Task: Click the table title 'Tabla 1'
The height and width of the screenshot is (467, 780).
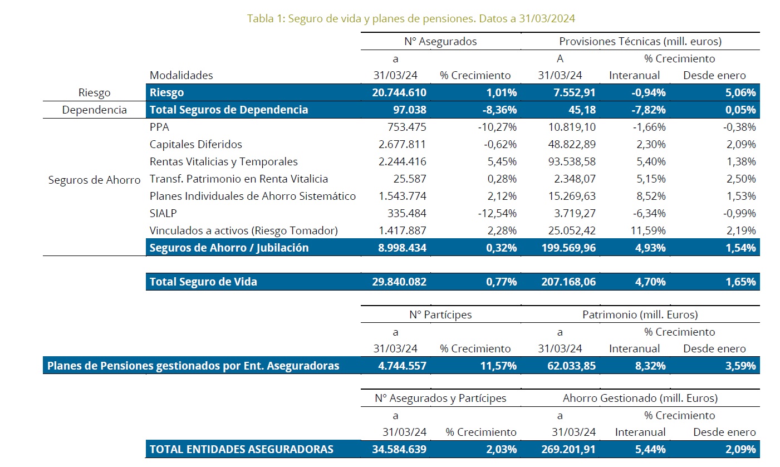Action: (411, 18)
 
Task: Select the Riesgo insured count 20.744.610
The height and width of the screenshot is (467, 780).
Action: (399, 92)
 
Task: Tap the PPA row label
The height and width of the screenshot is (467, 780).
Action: (160, 127)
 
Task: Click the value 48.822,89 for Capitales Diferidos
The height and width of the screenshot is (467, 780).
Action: (568, 144)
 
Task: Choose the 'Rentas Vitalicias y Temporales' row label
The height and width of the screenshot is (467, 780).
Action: (223, 161)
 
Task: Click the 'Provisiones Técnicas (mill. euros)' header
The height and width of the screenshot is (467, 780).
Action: (640, 41)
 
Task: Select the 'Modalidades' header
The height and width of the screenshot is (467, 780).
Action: (181, 75)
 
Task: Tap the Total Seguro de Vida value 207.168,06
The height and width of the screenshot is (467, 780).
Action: (568, 282)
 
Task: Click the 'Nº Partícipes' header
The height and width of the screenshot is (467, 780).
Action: (440, 314)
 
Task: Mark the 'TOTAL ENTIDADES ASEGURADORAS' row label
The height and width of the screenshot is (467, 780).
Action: (241, 449)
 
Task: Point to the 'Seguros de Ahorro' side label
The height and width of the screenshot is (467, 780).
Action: (94, 180)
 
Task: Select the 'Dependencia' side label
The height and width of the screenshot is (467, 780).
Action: (94, 110)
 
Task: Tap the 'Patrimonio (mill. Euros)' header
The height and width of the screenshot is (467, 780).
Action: (640, 314)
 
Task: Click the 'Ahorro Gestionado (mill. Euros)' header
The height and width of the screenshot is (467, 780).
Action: (640, 398)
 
